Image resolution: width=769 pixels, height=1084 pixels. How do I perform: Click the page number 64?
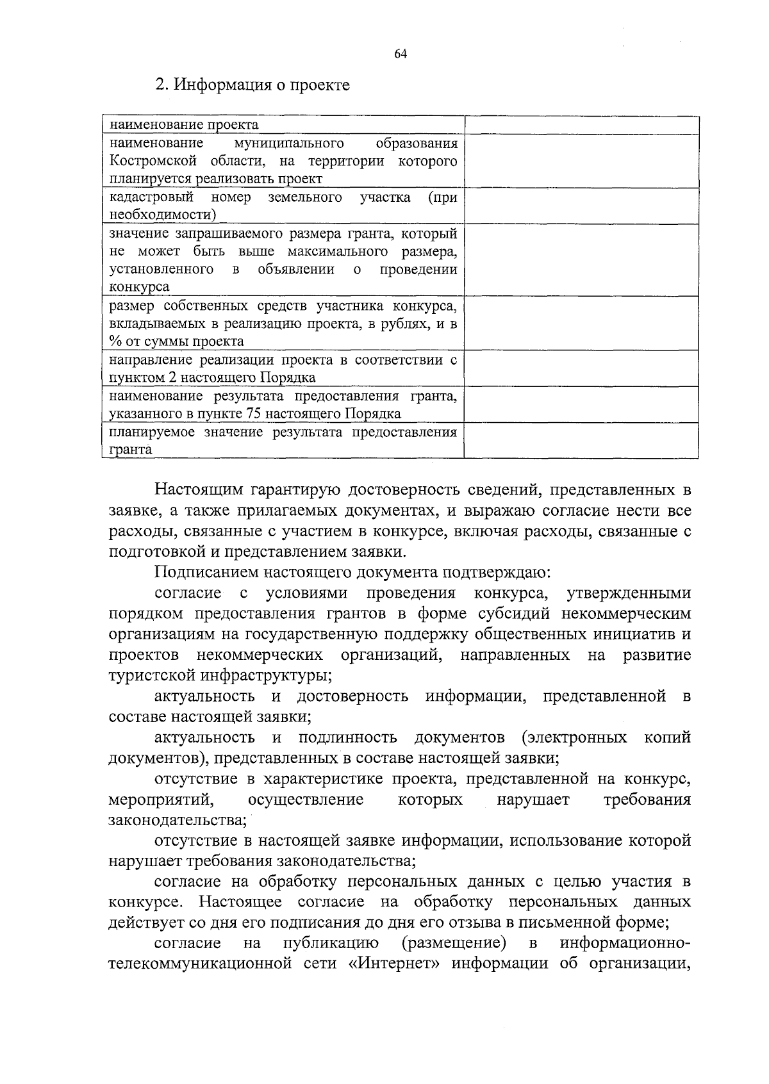pyautogui.click(x=401, y=54)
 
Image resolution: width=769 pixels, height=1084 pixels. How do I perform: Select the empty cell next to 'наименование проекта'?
pyautogui.click(x=581, y=125)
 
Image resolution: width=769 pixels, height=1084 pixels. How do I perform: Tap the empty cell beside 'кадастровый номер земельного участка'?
pyautogui.click(x=581, y=206)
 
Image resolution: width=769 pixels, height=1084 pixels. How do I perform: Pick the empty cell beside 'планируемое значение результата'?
pyautogui.click(x=581, y=440)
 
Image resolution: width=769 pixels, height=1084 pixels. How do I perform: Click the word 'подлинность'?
pyautogui.click(x=348, y=737)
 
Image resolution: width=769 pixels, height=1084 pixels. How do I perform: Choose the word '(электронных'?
pyautogui.click(x=574, y=737)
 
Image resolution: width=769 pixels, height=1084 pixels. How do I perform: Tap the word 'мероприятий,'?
pyautogui.click(x=161, y=800)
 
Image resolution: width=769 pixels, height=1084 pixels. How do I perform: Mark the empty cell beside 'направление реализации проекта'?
pyautogui.click(x=581, y=368)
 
